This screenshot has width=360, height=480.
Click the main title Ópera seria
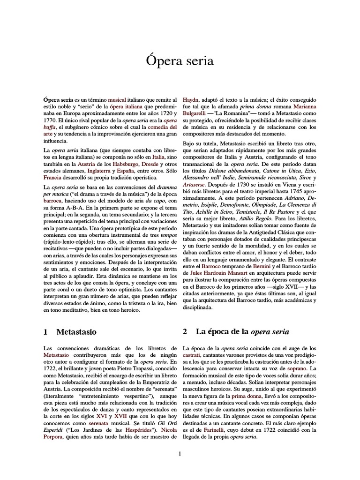click(x=180, y=61)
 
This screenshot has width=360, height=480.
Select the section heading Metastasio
click(x=76, y=332)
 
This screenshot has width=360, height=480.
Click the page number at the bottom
click(x=180, y=454)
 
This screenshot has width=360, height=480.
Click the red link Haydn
click(x=190, y=100)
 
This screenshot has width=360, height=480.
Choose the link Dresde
click(x=150, y=165)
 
